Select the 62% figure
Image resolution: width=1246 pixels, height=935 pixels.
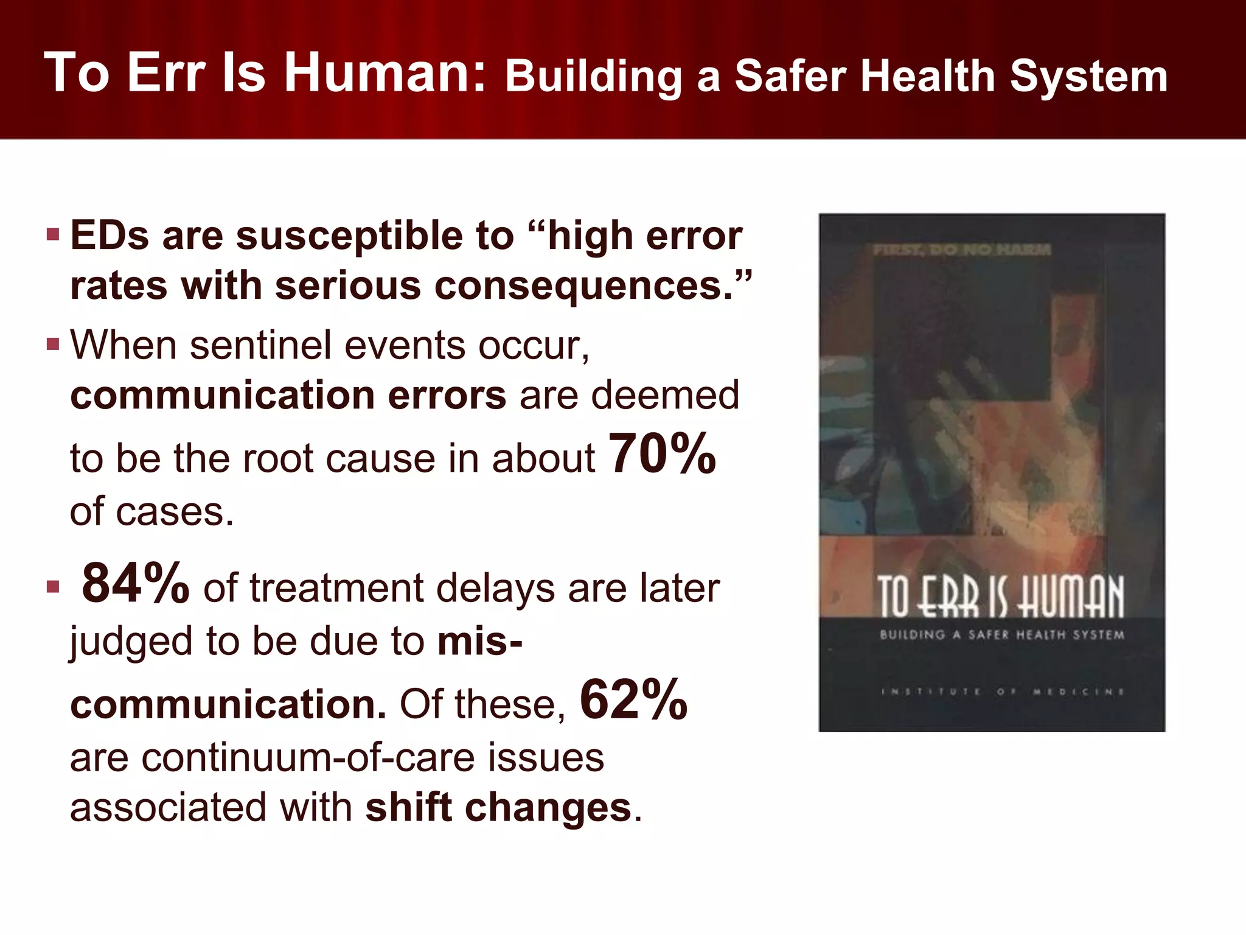[x=633, y=699]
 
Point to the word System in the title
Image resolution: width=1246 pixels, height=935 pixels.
[x=1088, y=76]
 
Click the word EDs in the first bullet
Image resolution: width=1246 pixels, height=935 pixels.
[x=110, y=236]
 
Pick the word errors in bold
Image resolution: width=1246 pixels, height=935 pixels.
[x=447, y=395]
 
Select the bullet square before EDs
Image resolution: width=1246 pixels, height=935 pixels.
[x=53, y=234]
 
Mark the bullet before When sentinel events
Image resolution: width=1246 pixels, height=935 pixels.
[x=53, y=345]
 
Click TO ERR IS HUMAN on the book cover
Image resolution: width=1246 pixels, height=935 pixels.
[x=1001, y=597]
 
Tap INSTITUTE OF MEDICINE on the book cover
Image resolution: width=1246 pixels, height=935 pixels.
[x=1002, y=692]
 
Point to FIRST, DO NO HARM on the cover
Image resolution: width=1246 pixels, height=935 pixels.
[x=961, y=250]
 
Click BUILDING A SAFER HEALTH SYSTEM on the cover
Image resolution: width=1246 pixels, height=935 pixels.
[x=1001, y=635]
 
